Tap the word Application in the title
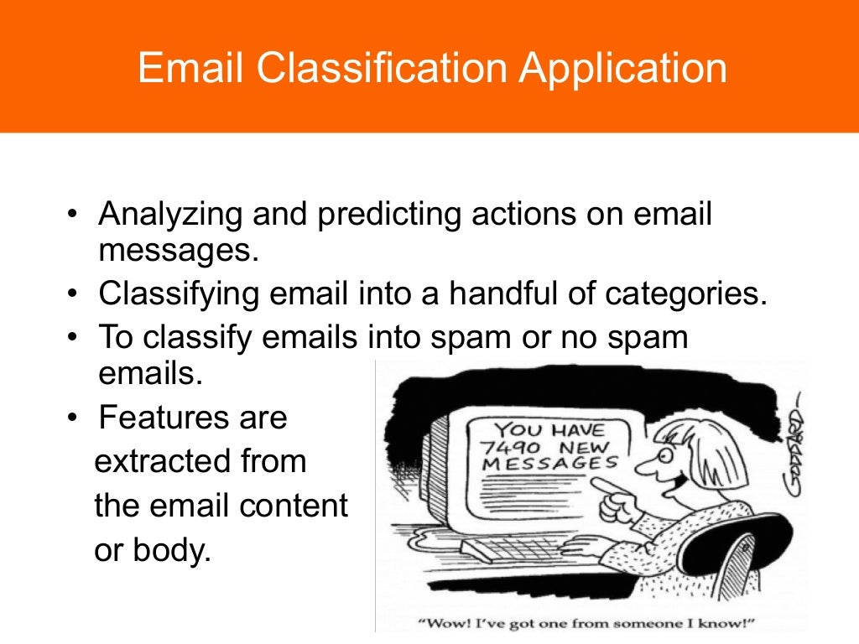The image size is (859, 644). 622,68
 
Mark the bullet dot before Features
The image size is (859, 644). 74,417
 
